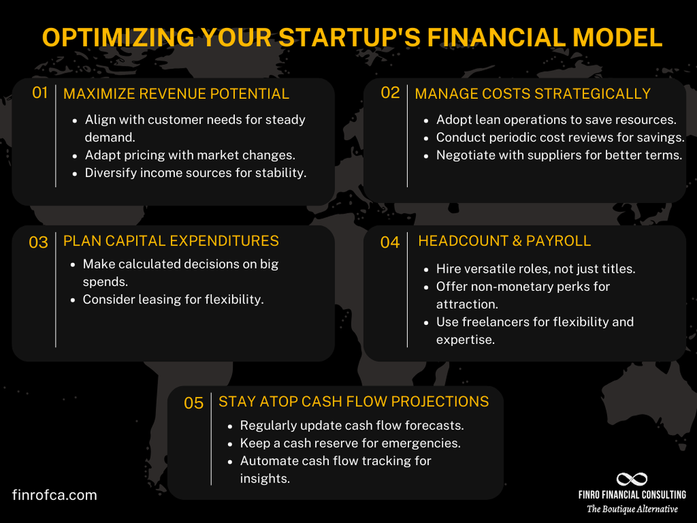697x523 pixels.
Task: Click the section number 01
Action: pyautogui.click(x=40, y=93)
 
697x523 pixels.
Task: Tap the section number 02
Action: pyautogui.click(x=390, y=93)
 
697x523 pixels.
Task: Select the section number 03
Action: pyautogui.click(x=38, y=243)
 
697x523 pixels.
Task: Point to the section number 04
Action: pyautogui.click(x=390, y=243)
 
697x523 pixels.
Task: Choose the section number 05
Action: pyautogui.click(x=194, y=403)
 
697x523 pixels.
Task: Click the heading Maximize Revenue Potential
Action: pyautogui.click(x=176, y=93)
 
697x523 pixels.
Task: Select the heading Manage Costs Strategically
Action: pyautogui.click(x=533, y=93)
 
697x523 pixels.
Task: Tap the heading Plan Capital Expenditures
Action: pyautogui.click(x=171, y=241)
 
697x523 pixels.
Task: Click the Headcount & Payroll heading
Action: pyautogui.click(x=504, y=241)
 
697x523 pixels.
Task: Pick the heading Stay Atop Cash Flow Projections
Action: pyautogui.click(x=353, y=402)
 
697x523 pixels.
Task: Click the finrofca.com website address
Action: pyautogui.click(x=54, y=495)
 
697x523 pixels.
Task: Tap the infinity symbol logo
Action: pyautogui.click(x=631, y=479)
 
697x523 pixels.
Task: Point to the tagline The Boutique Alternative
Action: pyautogui.click(x=631, y=509)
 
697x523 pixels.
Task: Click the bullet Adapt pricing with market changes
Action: pyautogui.click(x=190, y=155)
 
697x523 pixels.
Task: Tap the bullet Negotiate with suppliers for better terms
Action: pyautogui.click(x=558, y=155)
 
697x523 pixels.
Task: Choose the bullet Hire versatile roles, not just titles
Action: pyautogui.click(x=535, y=268)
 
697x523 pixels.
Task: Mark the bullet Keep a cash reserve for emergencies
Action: pyautogui.click(x=350, y=443)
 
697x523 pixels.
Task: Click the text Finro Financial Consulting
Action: pyautogui.click(x=631, y=494)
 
